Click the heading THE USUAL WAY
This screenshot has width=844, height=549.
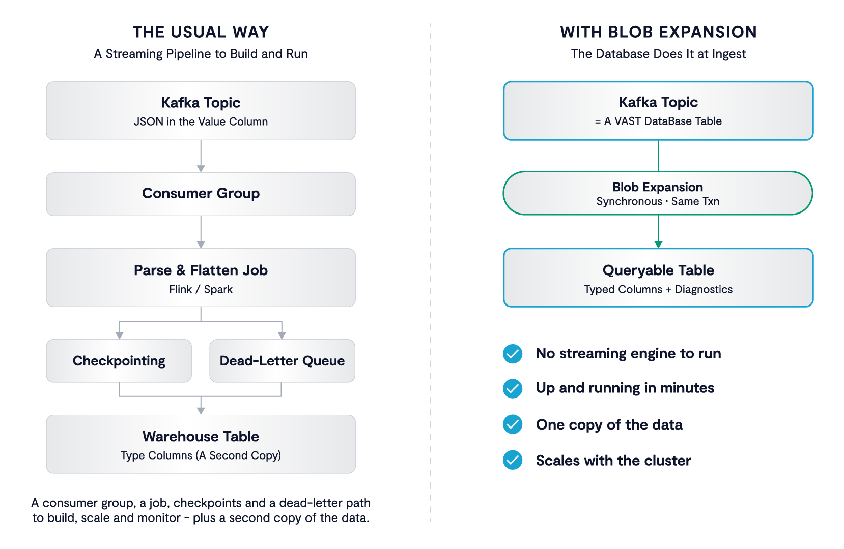[x=201, y=32]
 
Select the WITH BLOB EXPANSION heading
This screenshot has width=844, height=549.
[x=658, y=32]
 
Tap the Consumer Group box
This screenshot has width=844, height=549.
[x=201, y=194]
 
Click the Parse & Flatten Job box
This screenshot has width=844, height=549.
[x=201, y=278]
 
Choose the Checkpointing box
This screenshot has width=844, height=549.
[x=119, y=361]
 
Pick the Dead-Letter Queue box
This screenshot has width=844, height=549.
[x=282, y=361]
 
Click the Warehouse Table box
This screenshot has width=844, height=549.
[x=201, y=444]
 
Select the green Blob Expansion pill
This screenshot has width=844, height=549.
[x=658, y=193]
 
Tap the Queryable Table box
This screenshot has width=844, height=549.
[x=658, y=278]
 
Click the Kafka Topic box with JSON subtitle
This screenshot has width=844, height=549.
[x=201, y=111]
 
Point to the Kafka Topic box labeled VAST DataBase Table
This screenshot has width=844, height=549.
[x=658, y=111]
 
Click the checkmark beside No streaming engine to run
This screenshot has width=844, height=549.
[x=513, y=354]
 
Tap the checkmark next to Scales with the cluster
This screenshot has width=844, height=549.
[x=513, y=460]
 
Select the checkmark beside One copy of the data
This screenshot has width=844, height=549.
[x=513, y=424]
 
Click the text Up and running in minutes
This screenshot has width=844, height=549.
[x=625, y=388]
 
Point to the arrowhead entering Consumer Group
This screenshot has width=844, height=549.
[x=201, y=169]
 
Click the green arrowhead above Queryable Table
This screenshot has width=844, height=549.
[x=658, y=245]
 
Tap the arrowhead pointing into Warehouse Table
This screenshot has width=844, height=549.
[x=201, y=411]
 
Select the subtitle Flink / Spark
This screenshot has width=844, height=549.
[x=201, y=289]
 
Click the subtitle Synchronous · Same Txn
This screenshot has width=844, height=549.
[x=658, y=201]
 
